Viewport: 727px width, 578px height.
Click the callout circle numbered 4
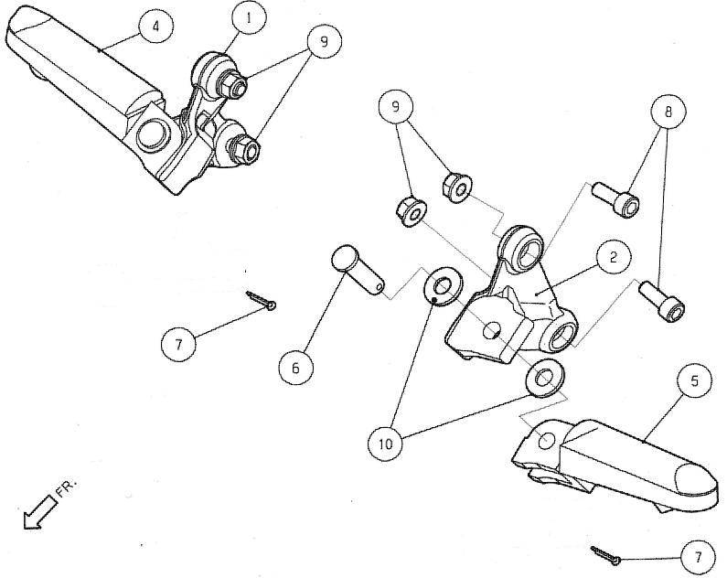(x=155, y=26)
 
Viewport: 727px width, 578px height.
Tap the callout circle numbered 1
(x=249, y=18)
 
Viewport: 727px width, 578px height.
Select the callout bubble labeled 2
(x=614, y=257)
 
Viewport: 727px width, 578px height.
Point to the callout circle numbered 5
(x=694, y=381)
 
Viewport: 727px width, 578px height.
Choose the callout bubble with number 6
(x=295, y=368)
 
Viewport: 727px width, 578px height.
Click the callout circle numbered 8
(x=668, y=112)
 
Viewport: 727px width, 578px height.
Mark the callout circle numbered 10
(x=385, y=444)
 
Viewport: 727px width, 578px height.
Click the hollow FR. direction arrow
(x=41, y=512)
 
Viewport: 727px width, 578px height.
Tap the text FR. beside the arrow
(x=68, y=488)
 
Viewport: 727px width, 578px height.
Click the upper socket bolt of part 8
(x=615, y=199)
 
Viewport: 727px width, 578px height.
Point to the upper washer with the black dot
(x=443, y=286)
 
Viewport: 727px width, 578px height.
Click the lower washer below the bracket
(x=544, y=378)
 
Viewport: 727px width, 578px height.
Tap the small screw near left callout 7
(x=261, y=299)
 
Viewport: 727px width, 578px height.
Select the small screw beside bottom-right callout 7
(x=605, y=555)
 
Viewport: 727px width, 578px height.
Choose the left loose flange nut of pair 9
(x=412, y=211)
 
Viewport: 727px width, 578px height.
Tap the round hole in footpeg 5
(x=547, y=440)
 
